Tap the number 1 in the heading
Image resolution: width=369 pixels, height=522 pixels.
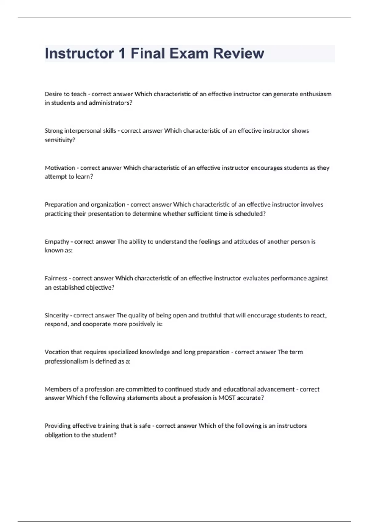click(x=122, y=53)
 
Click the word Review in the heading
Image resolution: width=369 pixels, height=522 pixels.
click(x=239, y=53)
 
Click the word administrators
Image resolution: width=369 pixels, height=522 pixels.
click(x=110, y=103)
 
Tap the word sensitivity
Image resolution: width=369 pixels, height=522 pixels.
click(x=60, y=140)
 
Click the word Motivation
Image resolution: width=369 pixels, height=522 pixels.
click(x=60, y=168)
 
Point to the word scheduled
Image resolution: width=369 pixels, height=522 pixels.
click(x=250, y=214)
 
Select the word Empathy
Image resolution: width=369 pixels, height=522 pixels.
click(x=57, y=242)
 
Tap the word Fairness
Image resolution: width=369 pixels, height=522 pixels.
click(x=56, y=279)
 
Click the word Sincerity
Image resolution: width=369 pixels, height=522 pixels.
click(x=57, y=315)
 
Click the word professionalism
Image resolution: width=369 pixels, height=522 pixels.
click(x=66, y=361)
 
